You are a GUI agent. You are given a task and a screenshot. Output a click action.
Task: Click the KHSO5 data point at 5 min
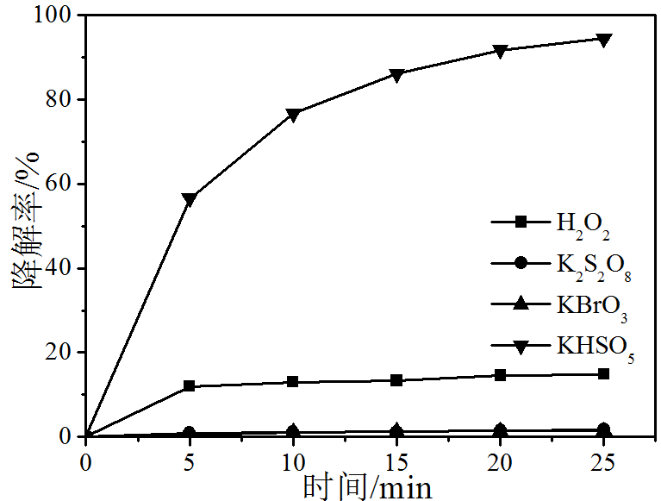click(x=190, y=199)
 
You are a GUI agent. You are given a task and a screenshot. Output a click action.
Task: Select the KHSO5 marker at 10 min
click(x=293, y=115)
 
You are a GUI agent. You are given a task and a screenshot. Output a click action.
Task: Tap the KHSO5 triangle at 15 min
click(x=396, y=75)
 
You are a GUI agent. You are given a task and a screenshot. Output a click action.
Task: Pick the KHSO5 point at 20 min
click(x=501, y=51)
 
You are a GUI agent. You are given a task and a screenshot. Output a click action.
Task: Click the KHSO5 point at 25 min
click(x=604, y=40)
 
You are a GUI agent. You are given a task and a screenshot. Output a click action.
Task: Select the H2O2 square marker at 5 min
click(x=190, y=386)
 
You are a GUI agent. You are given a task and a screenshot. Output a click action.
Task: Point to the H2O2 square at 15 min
click(x=396, y=380)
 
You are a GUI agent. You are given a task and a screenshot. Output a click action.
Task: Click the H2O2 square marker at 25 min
click(x=604, y=374)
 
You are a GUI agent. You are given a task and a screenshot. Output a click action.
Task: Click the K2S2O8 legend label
click(x=594, y=265)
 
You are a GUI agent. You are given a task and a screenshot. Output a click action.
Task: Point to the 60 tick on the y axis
click(x=61, y=184)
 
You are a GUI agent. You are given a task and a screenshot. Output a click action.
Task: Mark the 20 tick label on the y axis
click(x=61, y=352)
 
